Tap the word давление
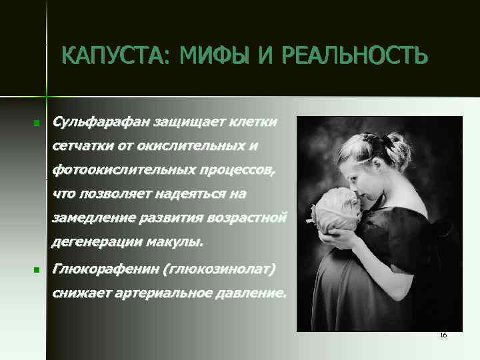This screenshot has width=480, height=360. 252,293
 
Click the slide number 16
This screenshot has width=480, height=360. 443,335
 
